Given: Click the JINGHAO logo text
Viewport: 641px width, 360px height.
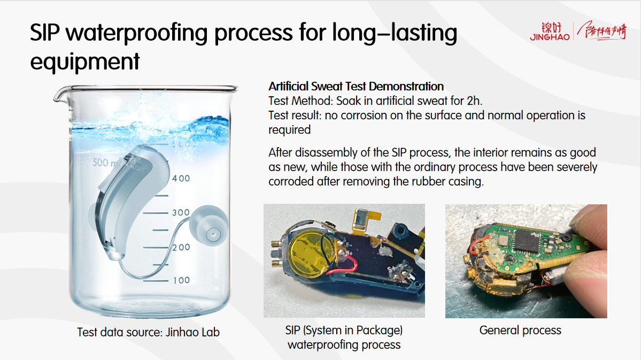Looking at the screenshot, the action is (550, 37).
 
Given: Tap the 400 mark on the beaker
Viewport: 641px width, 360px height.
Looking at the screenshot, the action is (181, 178).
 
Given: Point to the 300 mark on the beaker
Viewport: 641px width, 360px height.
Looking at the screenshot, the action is (181, 212).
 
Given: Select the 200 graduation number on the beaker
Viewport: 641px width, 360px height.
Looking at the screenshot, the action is (181, 247).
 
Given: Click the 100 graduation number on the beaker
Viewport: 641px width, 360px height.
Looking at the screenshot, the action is (182, 280).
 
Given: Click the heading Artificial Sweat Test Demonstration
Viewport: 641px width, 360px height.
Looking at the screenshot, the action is (356, 86).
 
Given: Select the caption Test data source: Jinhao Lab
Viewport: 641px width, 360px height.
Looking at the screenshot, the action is (149, 332).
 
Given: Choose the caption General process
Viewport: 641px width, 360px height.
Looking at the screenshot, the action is (520, 330).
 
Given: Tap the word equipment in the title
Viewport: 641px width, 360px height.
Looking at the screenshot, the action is (85, 62).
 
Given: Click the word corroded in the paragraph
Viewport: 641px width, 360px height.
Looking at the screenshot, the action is (291, 181).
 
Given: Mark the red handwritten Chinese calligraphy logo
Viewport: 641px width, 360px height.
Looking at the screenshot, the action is (603, 30).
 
